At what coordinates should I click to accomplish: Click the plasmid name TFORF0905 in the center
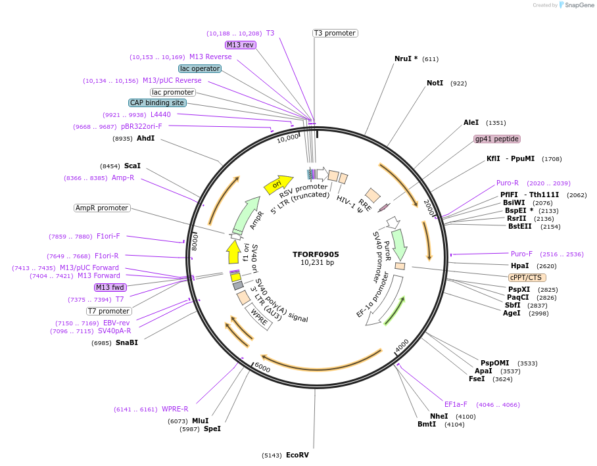(x=316, y=254)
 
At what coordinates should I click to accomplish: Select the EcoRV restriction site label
(x=297, y=455)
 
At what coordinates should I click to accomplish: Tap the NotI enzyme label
(x=435, y=83)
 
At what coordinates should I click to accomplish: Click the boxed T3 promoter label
(x=335, y=33)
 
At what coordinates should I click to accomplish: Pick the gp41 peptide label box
(x=497, y=139)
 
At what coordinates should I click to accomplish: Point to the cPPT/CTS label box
(x=527, y=277)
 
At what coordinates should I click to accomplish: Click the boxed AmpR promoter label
(x=102, y=208)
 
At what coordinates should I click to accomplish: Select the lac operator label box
(x=200, y=68)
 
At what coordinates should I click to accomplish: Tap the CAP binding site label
(x=157, y=103)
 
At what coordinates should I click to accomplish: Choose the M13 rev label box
(x=240, y=45)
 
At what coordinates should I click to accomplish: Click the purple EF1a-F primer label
(x=456, y=404)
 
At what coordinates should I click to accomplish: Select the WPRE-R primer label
(x=175, y=409)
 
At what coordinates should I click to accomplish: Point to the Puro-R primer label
(x=508, y=183)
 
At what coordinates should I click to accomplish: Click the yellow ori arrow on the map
(x=276, y=185)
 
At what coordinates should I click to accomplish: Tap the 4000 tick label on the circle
(x=402, y=344)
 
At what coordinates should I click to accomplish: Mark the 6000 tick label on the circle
(x=262, y=367)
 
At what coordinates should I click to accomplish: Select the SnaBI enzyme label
(x=127, y=342)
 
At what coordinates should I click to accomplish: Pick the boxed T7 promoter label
(x=109, y=311)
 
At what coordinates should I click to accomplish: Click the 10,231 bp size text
(x=317, y=263)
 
